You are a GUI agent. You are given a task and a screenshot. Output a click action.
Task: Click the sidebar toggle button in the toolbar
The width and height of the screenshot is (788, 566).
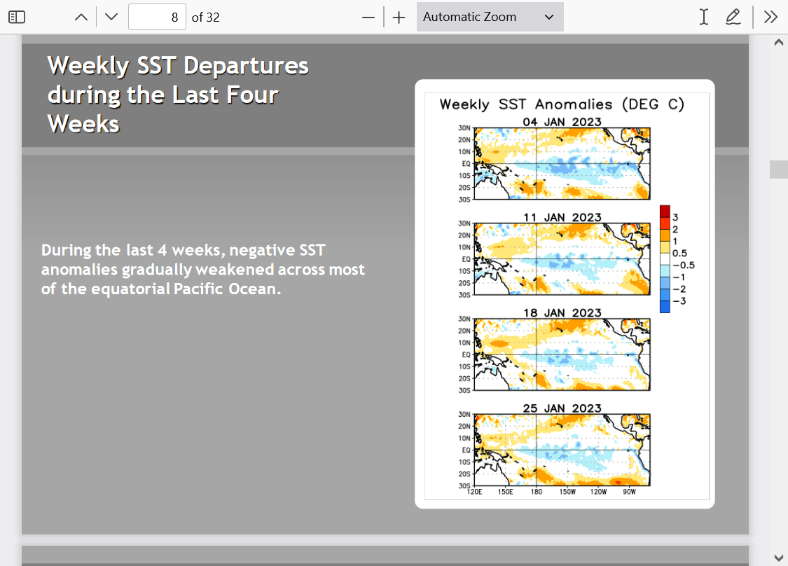17,17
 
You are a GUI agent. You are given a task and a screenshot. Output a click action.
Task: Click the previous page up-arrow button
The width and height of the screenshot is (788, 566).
81,17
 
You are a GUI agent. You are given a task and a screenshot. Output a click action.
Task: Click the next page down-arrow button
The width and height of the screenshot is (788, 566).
111,17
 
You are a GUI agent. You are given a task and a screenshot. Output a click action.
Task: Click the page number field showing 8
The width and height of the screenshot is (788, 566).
158,17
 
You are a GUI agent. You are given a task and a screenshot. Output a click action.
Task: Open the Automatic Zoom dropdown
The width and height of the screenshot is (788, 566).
490,17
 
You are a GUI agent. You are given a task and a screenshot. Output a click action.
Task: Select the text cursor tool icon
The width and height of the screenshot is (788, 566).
704,17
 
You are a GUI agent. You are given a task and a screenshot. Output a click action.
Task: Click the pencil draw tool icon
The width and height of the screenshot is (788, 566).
733,17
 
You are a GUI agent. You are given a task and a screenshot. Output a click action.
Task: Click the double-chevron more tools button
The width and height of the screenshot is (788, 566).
770,17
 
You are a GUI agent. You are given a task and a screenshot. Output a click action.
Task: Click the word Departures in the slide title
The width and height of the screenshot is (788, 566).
246,67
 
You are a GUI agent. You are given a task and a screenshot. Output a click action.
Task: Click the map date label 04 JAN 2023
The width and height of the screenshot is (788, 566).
562,122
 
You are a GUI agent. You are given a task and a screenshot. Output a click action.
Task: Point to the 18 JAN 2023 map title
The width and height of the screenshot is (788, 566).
562,312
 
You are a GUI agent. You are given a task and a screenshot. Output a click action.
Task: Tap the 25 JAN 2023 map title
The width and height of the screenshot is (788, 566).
562,408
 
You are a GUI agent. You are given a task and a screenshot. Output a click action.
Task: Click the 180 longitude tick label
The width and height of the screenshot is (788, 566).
537,492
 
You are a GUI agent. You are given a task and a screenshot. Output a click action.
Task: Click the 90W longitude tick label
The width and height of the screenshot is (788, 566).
629,492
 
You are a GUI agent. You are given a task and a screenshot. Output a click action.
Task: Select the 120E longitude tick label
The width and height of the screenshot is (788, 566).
474,492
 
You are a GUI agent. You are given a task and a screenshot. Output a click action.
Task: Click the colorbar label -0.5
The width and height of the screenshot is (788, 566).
684,265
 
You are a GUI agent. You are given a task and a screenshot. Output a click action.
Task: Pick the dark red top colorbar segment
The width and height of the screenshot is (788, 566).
665,211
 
